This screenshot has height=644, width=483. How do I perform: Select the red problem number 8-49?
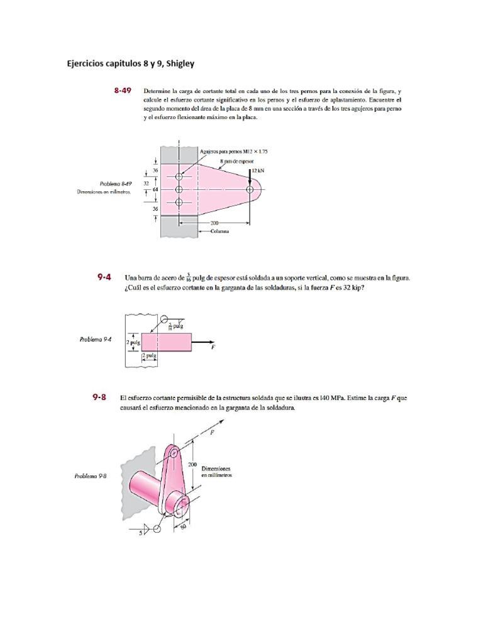122,91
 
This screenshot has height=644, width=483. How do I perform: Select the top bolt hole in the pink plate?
179,177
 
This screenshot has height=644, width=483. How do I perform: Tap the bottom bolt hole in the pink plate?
179,202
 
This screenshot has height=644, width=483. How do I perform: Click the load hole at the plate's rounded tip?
250,189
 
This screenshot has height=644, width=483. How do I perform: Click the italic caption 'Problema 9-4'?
95,339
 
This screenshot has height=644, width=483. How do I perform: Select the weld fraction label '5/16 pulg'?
176,326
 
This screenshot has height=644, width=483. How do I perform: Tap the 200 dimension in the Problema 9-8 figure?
193,464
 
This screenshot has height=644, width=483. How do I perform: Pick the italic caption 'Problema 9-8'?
91,476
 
